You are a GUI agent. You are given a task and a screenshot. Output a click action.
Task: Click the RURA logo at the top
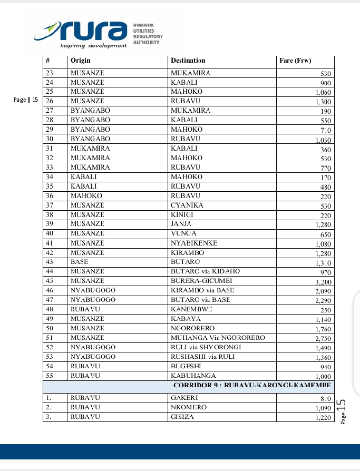(98, 33)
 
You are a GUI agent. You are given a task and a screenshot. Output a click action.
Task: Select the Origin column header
(80, 61)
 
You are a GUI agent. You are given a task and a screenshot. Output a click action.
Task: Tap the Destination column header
(188, 61)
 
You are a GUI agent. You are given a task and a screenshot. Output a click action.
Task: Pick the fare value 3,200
(322, 281)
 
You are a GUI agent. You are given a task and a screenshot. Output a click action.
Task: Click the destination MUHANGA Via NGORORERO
(218, 338)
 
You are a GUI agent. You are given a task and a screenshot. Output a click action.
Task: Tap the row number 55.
(51, 376)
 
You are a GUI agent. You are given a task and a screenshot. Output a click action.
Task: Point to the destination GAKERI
(184, 398)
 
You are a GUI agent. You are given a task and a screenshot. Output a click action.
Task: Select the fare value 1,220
(322, 417)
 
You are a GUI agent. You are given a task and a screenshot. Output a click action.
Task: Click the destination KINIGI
(182, 214)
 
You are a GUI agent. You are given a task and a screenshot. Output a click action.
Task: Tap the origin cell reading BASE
(79, 262)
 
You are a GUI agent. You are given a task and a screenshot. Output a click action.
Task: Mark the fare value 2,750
(322, 338)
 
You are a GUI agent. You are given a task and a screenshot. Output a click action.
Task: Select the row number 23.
(51, 73)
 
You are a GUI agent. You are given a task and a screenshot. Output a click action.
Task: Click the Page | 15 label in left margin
(25, 100)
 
